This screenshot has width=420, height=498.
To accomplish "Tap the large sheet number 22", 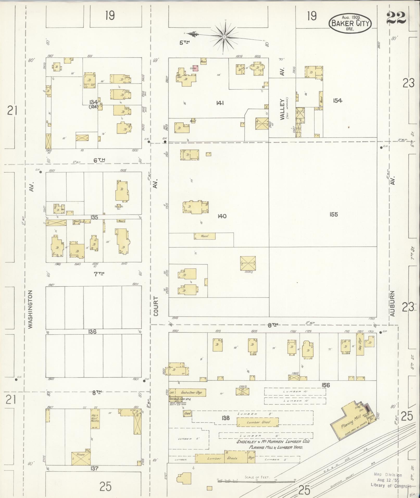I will point(396,18).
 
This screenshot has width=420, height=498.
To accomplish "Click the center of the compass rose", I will point(224,37).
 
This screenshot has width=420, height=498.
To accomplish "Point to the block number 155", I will point(333,215).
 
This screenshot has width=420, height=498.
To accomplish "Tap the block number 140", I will point(222,216).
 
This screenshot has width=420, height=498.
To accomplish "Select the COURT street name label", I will point(156,306).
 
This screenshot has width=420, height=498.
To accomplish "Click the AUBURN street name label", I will point(392,304).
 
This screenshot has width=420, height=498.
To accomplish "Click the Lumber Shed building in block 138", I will point(257,422).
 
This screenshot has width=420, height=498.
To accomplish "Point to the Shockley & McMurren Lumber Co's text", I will point(273,442).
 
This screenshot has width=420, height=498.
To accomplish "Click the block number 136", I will point(92,332).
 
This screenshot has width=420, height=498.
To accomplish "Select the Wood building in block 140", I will point(205,236).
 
